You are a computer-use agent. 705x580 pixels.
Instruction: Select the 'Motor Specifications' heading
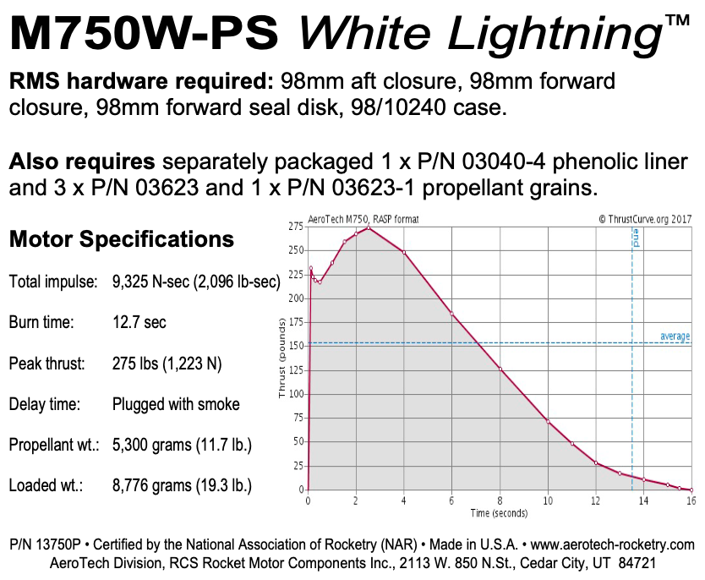[121, 239]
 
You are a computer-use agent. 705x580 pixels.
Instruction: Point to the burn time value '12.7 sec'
[139, 322]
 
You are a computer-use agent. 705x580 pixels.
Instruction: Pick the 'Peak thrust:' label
[47, 364]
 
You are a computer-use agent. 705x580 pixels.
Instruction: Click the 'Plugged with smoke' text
[176, 404]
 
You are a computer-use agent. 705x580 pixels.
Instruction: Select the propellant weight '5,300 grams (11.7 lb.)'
[182, 445]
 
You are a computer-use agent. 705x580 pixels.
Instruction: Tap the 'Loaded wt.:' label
[44, 485]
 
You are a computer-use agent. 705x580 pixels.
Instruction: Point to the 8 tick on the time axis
[500, 501]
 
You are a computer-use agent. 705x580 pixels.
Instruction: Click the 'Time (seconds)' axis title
[500, 513]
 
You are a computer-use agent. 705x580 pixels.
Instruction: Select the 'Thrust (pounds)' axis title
[282, 358]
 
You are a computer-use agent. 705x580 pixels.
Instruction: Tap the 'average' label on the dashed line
[675, 337]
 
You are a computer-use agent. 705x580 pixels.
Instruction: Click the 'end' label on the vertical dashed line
[636, 238]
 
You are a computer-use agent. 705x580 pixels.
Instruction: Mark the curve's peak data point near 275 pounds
[368, 227]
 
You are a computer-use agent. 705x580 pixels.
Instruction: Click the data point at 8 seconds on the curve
[500, 369]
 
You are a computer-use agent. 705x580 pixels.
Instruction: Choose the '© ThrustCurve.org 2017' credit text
[644, 218]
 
